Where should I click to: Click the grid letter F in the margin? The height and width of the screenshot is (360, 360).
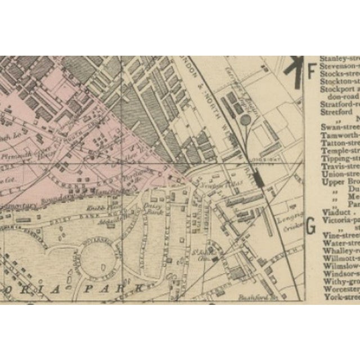(310, 71)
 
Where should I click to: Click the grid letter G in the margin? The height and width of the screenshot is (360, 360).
(310, 227)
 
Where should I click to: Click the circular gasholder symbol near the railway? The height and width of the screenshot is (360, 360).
(246, 119)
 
